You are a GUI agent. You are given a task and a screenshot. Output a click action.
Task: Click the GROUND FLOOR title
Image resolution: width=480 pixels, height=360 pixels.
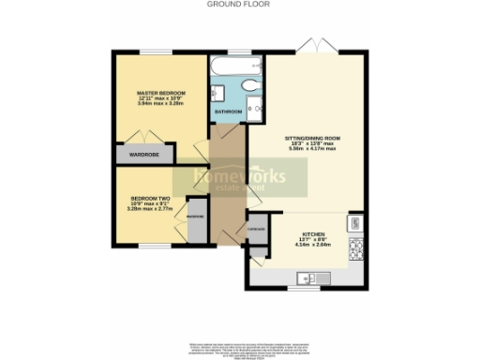pos(239,5)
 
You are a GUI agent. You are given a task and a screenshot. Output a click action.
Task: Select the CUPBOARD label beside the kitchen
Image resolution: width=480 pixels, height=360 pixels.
pos(256,228)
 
